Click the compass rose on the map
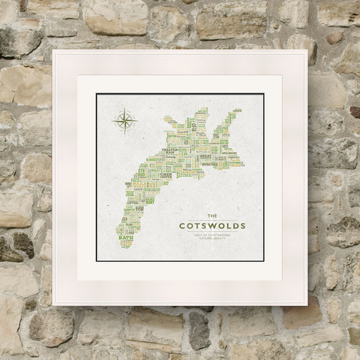pos(125,120)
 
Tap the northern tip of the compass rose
pos(125,109)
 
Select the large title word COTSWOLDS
pos(211,226)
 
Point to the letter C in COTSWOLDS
pos(181,226)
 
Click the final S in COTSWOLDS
pos(242,226)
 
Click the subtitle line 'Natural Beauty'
pos(211,239)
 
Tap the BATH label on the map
pos(126,237)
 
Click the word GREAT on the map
pos(206,156)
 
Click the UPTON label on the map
pos(132,202)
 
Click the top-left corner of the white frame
pos(53,50)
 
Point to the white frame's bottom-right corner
pos(307,305)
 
